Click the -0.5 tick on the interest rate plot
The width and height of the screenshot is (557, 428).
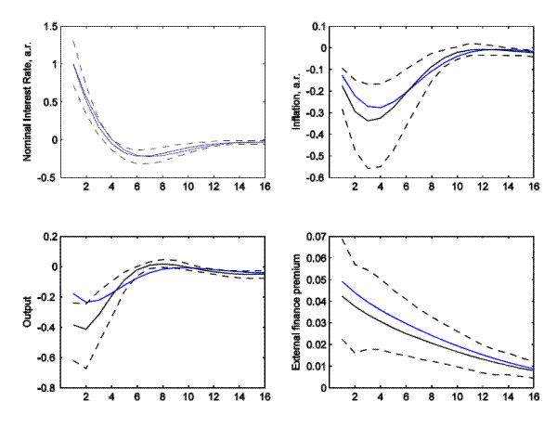(47, 177)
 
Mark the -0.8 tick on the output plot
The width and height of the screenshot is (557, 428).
(47, 388)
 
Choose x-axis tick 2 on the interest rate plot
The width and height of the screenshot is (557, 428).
(86, 188)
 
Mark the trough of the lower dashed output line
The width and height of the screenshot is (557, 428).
(86, 369)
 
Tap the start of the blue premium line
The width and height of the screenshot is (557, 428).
(343, 281)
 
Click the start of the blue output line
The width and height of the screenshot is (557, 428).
(73, 293)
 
